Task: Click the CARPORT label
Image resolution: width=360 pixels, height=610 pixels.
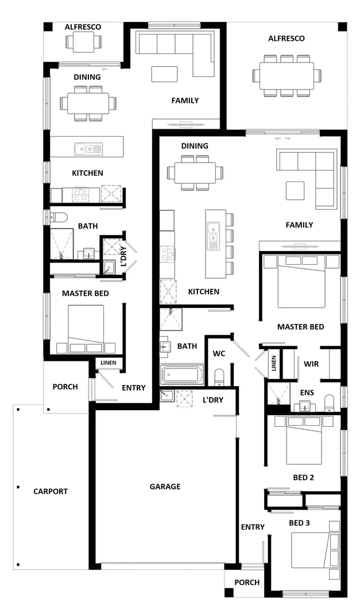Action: pos(51,492)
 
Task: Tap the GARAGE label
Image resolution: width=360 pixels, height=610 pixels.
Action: pos(165,487)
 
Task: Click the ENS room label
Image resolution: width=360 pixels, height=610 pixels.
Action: pos(307,392)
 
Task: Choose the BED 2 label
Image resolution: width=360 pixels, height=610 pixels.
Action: pos(303,477)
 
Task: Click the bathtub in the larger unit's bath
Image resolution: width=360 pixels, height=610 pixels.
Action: pos(182,375)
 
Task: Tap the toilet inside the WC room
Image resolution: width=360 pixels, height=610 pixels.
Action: pos(219,377)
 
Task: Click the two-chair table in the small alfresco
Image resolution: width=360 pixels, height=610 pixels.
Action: pos(83,42)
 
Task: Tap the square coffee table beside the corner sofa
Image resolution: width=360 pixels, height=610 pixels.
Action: pos(295,190)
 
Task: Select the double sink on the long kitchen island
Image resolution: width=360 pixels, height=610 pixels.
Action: pos(213,234)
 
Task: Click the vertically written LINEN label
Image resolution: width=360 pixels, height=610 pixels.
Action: pos(274,364)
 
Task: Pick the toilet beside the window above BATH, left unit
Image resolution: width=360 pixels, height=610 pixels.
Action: pos(59,217)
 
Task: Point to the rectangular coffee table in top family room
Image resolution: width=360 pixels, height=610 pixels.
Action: pos(164,73)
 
